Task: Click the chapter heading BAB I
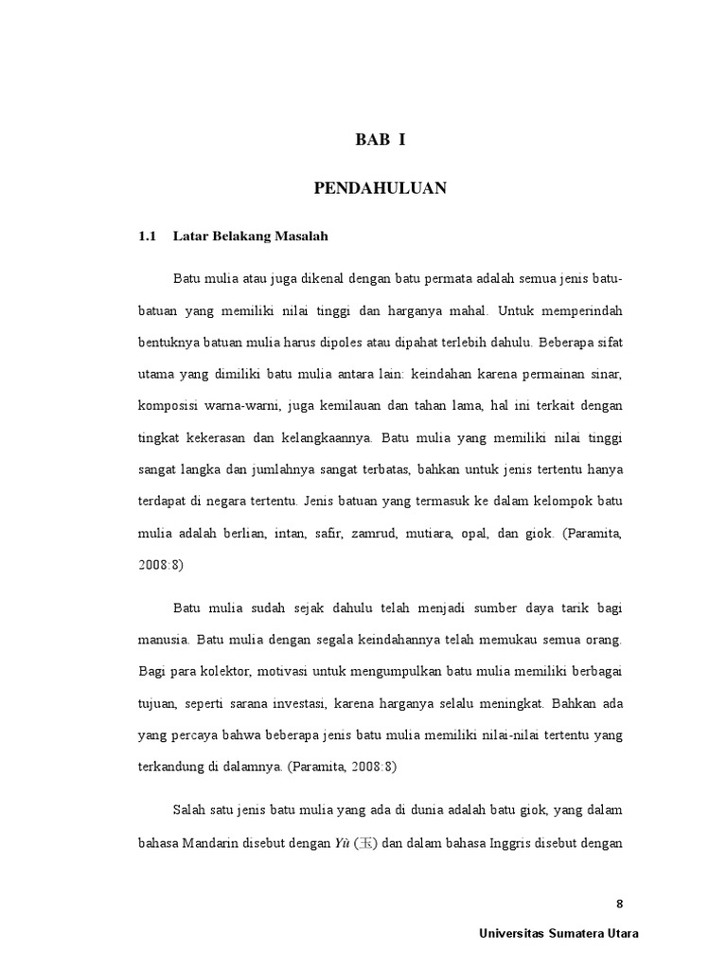click(x=380, y=140)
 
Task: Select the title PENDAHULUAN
click(x=380, y=189)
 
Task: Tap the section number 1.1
click(x=147, y=236)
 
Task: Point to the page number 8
click(x=619, y=904)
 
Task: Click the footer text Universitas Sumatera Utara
click(x=559, y=933)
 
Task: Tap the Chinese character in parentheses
click(x=364, y=845)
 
